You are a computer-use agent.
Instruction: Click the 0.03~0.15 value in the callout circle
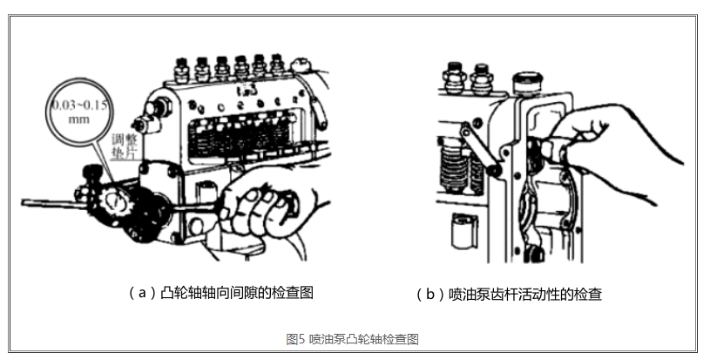click(79, 105)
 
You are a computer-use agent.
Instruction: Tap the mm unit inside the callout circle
click(78, 119)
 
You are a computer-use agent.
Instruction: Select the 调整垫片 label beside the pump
click(125, 146)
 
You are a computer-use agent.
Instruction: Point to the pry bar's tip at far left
click(22, 203)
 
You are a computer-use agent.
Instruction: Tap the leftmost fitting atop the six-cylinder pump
click(181, 71)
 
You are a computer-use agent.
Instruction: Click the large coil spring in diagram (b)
click(453, 166)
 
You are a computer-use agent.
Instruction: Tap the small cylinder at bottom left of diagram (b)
click(464, 231)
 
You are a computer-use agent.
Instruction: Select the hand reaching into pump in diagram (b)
click(606, 145)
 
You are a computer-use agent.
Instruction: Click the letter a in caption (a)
click(142, 293)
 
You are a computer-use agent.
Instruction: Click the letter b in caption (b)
click(430, 295)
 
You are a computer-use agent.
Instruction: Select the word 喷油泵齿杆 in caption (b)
click(477, 295)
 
